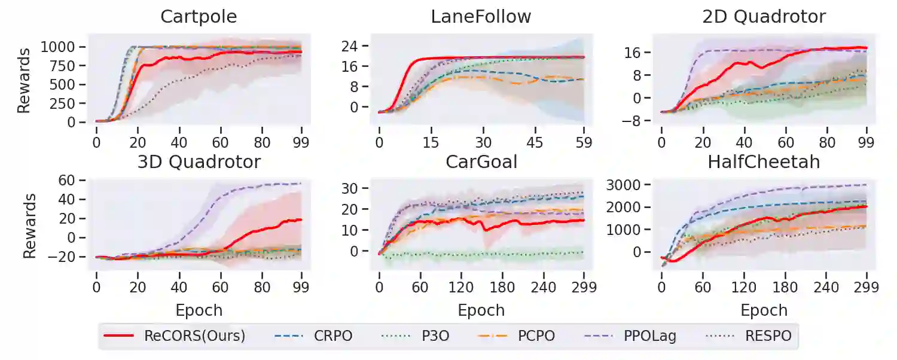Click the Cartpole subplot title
tap(199, 17)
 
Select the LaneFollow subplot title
tap(481, 17)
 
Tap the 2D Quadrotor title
tap(764, 17)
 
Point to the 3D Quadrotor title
tap(199, 162)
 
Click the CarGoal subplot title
tap(481, 162)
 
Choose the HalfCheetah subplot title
tap(764, 162)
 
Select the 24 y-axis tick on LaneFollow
tap(357, 46)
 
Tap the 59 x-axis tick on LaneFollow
tap(584, 143)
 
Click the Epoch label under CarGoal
tap(481, 310)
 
